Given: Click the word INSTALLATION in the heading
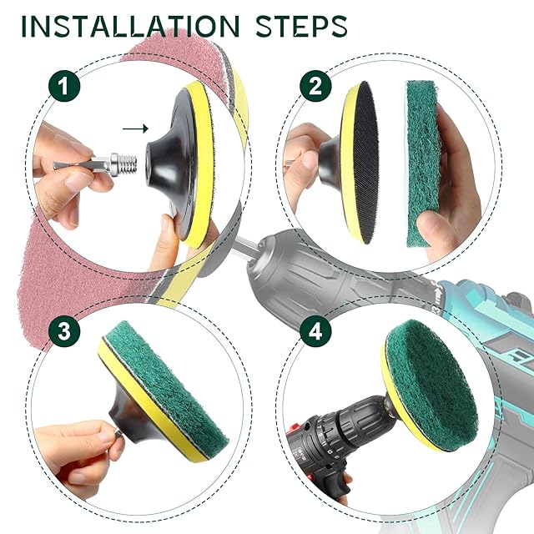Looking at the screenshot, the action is point(130,26).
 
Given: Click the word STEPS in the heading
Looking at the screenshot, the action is point(302,26).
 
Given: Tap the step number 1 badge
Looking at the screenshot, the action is point(64,86).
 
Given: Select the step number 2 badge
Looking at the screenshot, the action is point(315,86).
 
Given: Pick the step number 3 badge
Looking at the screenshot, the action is point(64,331).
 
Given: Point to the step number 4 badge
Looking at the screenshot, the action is point(315,331).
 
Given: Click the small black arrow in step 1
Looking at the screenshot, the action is point(135,128).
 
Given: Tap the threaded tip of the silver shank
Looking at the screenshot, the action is point(129,164).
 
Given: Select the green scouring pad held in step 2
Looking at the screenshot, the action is point(423,164).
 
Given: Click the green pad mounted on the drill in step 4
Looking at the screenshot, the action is point(432,381).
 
